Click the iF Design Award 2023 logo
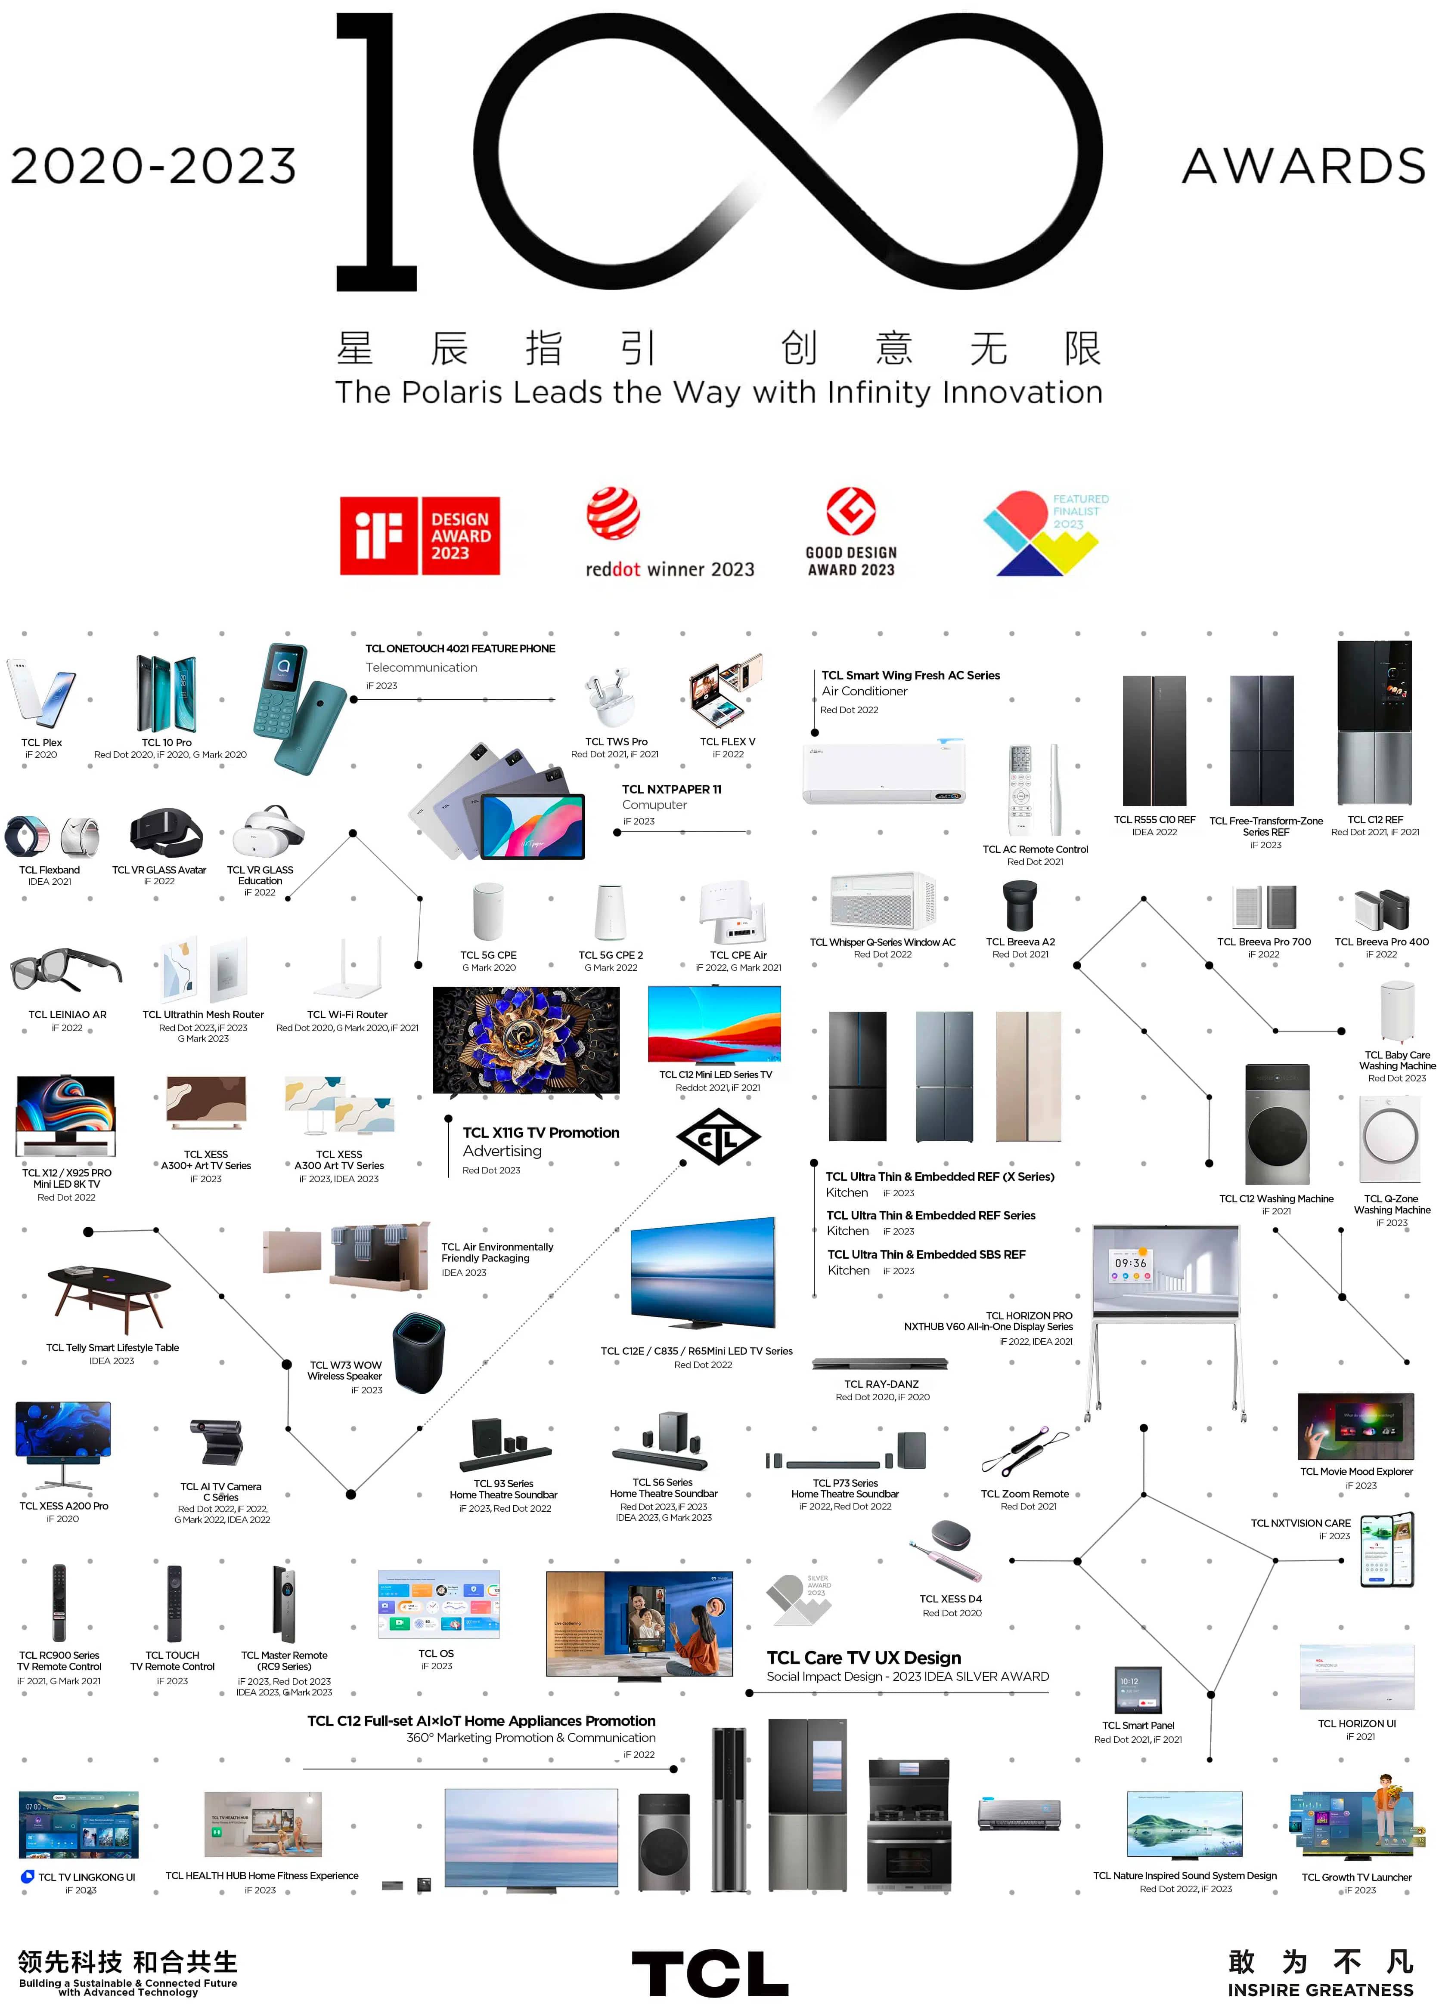(x=420, y=535)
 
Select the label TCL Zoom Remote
(x=1024, y=1493)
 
